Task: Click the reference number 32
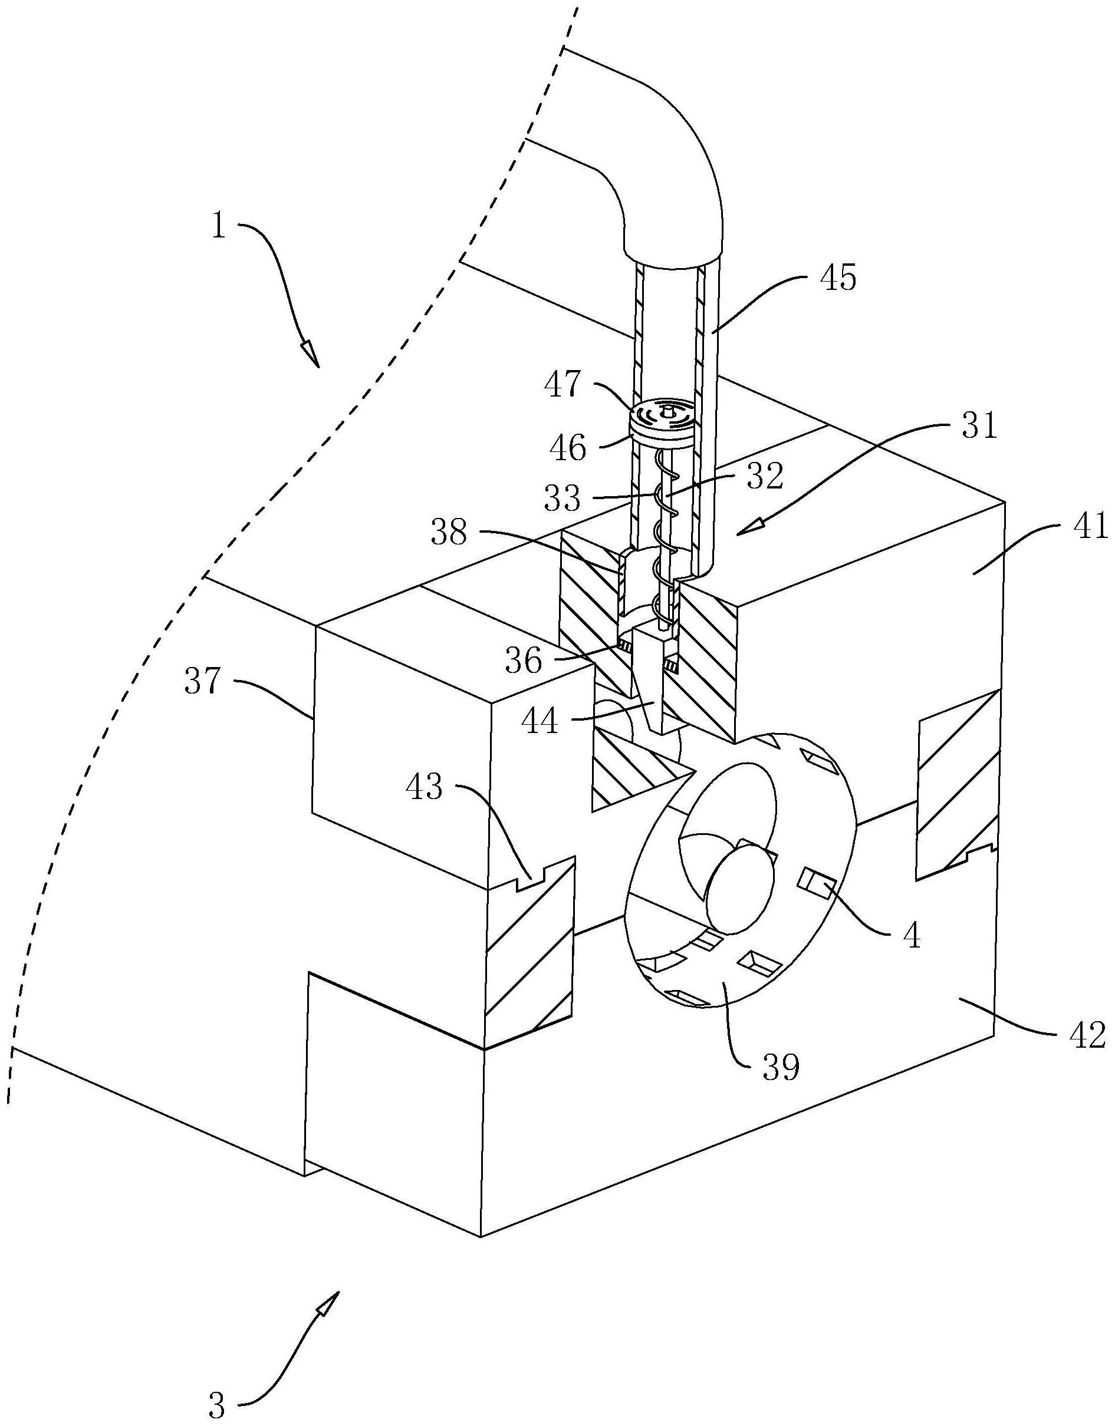coord(764,477)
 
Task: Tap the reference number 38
coord(449,533)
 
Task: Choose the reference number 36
coord(523,661)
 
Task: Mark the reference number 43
coord(424,787)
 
